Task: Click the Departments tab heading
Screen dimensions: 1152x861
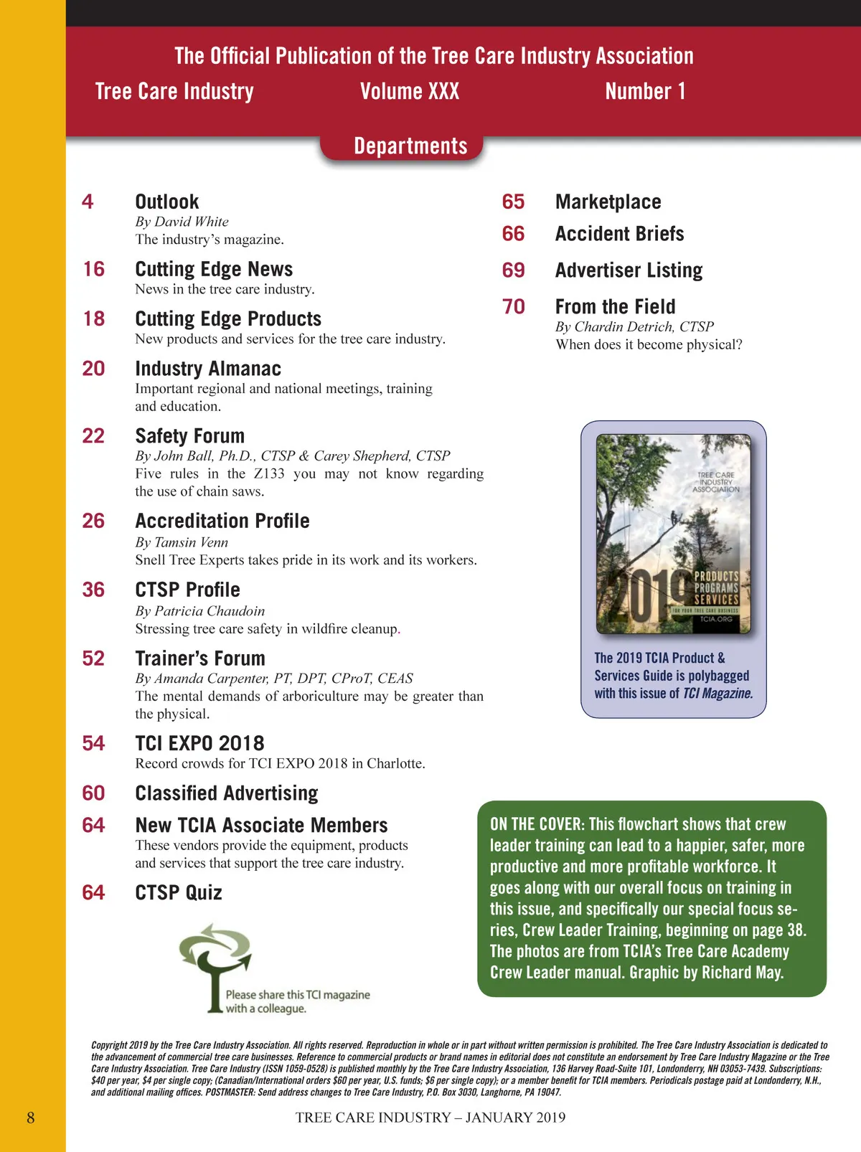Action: click(x=410, y=146)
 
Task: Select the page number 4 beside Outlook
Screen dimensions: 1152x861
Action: click(x=88, y=202)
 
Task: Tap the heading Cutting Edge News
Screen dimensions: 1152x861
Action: click(x=214, y=269)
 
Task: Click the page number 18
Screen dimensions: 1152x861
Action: click(x=94, y=318)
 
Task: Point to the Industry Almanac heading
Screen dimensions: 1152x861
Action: click(x=208, y=369)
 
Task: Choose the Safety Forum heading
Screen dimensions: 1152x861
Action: click(x=190, y=436)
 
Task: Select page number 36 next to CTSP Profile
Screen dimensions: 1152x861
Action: click(x=93, y=590)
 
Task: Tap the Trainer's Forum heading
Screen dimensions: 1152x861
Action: click(x=200, y=658)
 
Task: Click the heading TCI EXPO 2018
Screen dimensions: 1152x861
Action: click(x=199, y=743)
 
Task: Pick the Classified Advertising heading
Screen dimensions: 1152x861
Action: click(x=227, y=793)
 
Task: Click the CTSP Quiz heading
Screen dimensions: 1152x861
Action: click(x=179, y=892)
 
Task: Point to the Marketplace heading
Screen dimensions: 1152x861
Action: click(x=608, y=202)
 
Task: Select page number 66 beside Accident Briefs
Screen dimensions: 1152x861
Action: click(x=513, y=234)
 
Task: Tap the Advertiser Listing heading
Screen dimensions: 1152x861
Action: click(x=629, y=270)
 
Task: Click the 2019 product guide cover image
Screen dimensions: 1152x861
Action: click(x=674, y=534)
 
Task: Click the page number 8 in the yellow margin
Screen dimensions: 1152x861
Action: click(x=31, y=1118)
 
